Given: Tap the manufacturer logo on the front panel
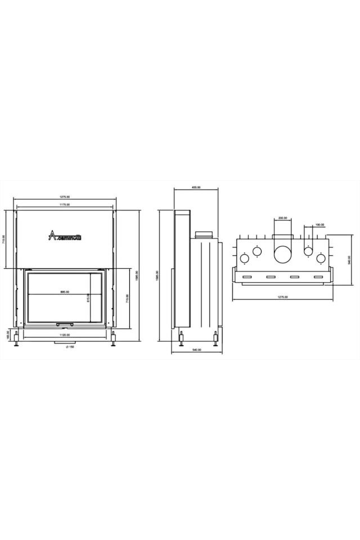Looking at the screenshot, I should pos(64,236).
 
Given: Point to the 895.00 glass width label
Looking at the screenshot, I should pos(64,292).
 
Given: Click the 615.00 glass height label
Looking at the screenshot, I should pos(88,298).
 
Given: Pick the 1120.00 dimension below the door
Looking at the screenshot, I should pos(64,335).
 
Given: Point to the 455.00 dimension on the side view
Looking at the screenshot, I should pos(196,188).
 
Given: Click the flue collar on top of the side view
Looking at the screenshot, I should pos(203,233).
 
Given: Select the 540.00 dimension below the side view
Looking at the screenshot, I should pos(196,350).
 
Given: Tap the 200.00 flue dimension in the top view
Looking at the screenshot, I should pos(282,218).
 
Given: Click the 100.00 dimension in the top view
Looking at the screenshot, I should pos(319,225).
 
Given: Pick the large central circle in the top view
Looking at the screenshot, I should pos(282,254).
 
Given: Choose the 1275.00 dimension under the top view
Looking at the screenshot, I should pos(282,296).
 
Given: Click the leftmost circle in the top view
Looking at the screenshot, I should pos(245,259).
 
